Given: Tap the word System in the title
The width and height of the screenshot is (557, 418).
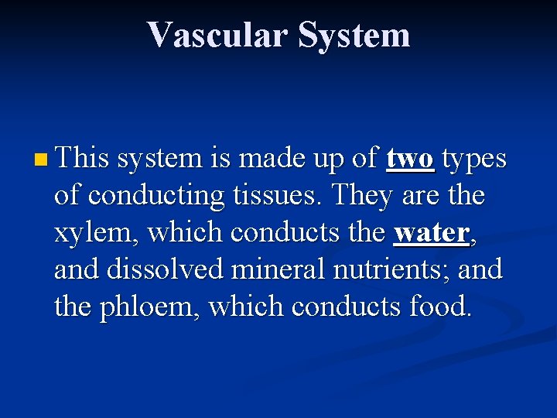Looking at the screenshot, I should coord(354,35).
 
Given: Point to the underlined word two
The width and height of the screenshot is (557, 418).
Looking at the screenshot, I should coord(411,159).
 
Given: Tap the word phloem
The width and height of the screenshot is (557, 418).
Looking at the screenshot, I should coord(143,307).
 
